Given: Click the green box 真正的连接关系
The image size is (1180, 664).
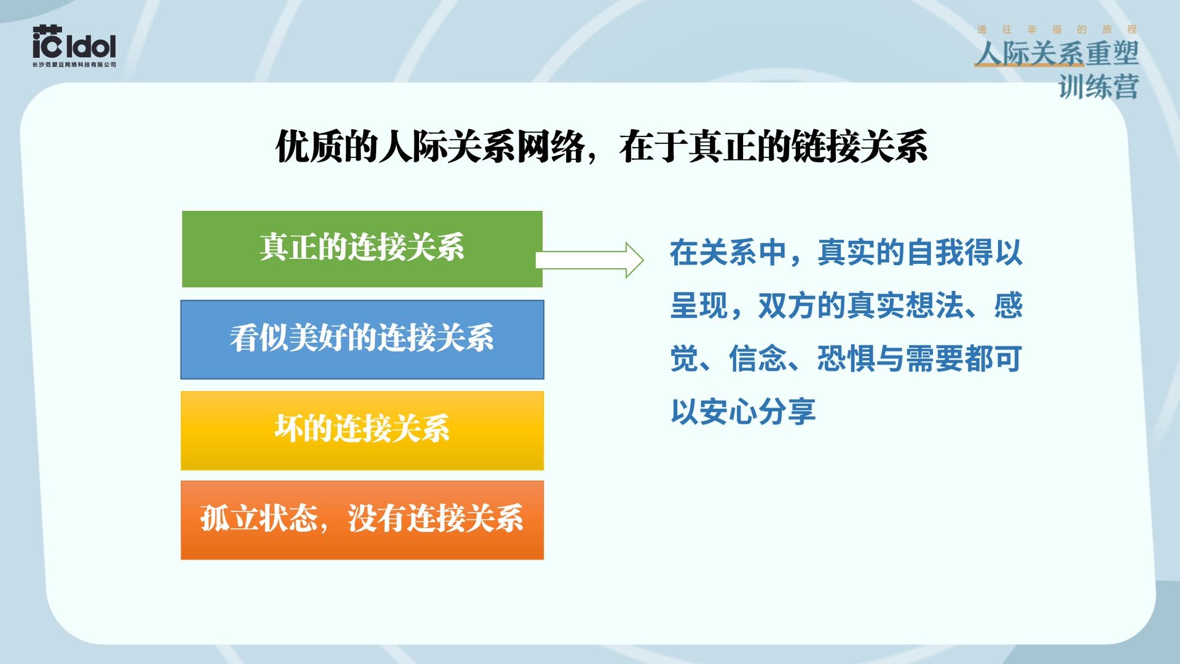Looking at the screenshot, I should coord(362,248).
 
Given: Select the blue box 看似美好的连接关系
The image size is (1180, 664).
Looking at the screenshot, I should coord(362,339).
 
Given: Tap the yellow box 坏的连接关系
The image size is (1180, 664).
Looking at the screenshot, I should coord(362,430).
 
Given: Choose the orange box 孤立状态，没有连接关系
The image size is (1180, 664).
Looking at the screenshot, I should coord(362,520).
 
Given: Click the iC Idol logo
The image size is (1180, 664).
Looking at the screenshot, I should coord(74,43).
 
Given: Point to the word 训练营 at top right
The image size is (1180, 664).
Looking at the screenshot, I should coord(1098,87).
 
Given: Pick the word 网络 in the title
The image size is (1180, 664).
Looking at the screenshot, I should coord(550,147).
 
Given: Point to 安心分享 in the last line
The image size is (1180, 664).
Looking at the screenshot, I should coord(757,411).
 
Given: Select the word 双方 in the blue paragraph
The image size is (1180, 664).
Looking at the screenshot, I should coord(787,306).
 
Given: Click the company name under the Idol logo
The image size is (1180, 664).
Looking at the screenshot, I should coord(74,65).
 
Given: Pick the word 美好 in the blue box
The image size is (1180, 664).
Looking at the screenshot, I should coord(317,338).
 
